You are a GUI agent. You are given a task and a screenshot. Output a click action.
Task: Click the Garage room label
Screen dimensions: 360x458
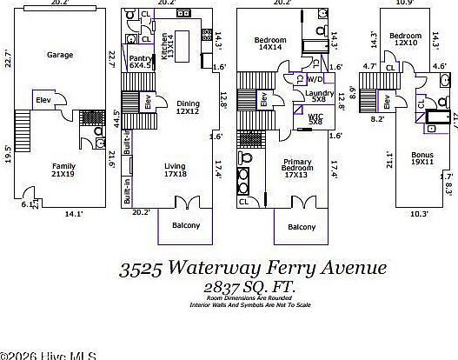click(60, 54)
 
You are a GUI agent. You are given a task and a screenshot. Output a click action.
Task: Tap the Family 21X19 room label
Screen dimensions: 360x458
click(63, 170)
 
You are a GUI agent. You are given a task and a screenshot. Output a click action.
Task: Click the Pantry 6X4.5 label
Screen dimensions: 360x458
click(140, 62)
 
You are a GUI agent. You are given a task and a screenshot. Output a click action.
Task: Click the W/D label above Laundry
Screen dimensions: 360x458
click(315, 78)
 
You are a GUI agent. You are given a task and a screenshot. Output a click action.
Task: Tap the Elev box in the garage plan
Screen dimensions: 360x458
click(44, 101)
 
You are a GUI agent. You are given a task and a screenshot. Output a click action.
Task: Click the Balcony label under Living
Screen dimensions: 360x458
click(185, 226)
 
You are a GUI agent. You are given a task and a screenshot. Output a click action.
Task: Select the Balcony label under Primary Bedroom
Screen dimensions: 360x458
click(302, 227)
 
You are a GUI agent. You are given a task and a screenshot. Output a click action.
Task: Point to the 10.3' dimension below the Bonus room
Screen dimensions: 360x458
click(420, 212)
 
